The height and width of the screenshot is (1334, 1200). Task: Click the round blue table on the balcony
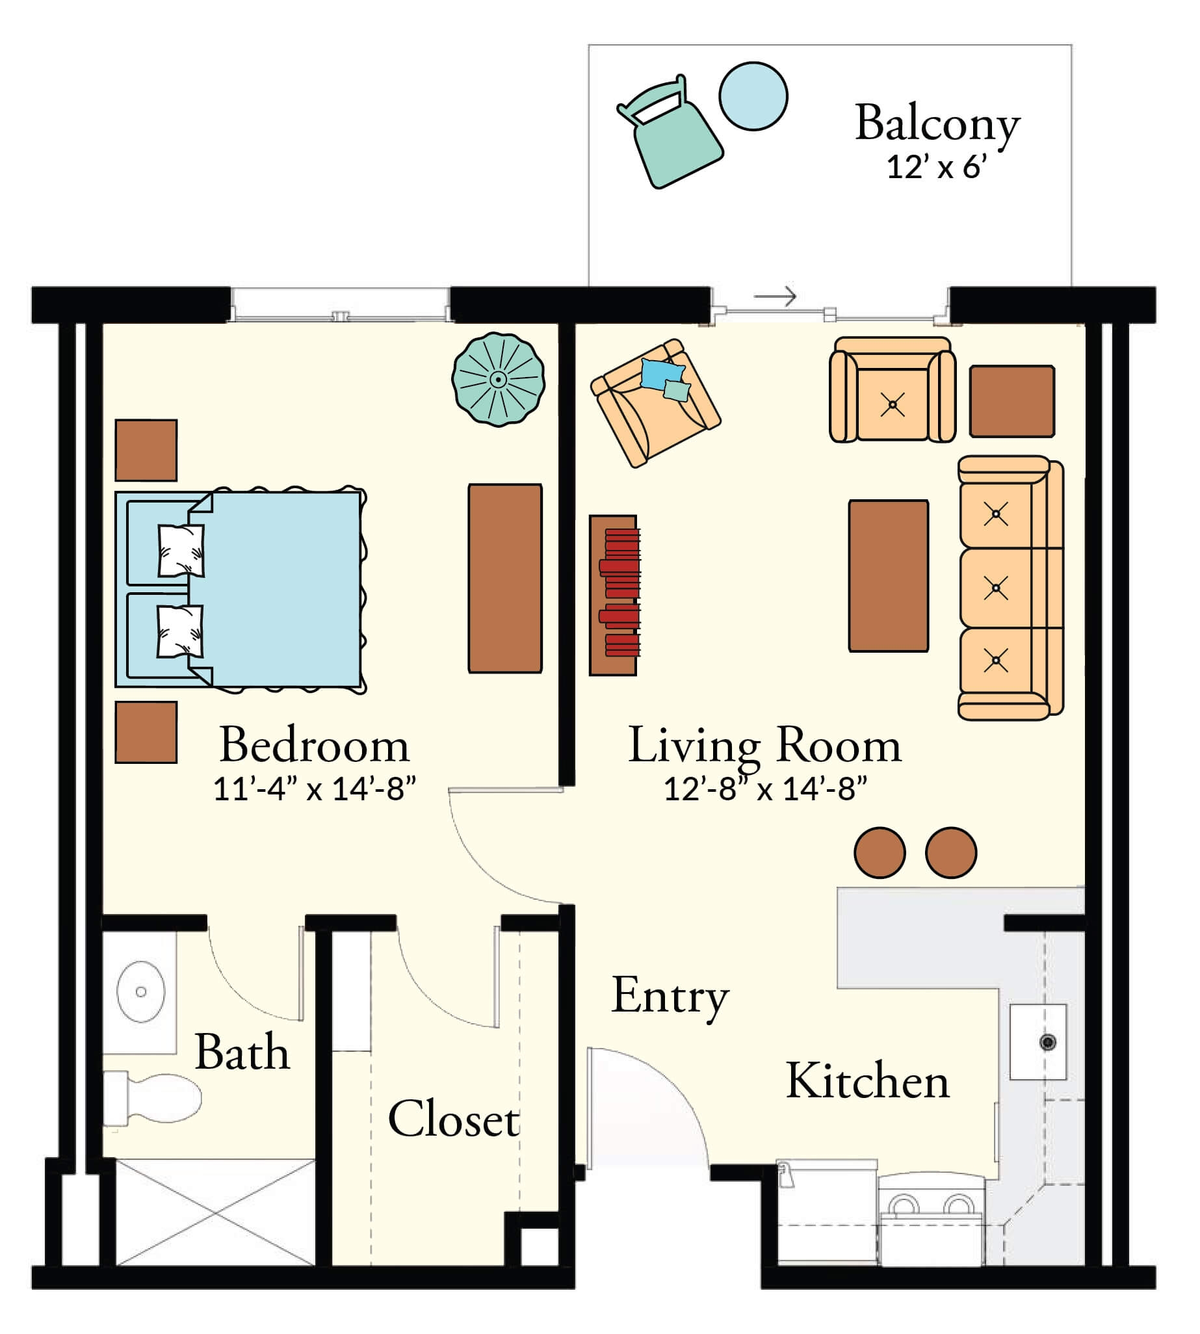point(753,96)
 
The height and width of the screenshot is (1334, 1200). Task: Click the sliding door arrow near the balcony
point(776,296)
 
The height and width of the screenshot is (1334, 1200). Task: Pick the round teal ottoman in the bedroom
point(499,379)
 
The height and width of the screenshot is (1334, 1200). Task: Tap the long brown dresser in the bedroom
point(505,579)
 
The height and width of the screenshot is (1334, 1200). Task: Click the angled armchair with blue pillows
point(655,404)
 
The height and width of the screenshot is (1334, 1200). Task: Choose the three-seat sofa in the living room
point(1009,588)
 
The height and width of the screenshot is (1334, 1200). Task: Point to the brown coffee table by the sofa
point(888,576)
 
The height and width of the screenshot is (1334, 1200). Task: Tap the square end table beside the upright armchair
point(1011,401)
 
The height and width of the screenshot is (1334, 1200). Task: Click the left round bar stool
point(880,853)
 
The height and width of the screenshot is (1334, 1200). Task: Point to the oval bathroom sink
point(140,991)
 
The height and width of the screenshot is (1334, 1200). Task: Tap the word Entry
point(670,997)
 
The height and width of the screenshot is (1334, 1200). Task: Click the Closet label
point(454,1119)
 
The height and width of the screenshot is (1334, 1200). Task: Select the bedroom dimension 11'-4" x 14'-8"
point(315,789)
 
